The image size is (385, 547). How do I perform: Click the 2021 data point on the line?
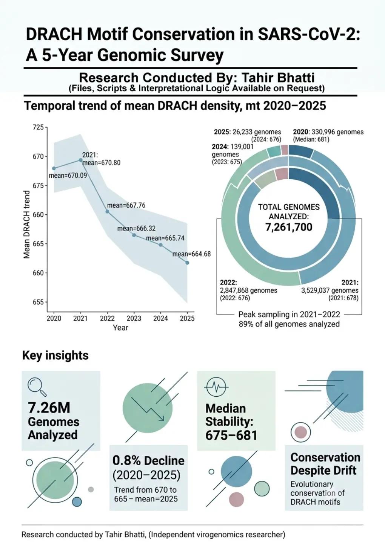tap(81, 160)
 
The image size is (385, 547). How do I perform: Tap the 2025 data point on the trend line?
tap(187, 263)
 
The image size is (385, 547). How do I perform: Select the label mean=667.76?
tap(126, 205)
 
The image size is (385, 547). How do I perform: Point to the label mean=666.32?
tap(137, 229)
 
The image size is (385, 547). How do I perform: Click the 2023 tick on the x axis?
tap(134, 318)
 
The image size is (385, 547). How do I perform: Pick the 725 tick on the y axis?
tap(38, 127)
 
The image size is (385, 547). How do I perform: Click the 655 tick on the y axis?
tap(38, 302)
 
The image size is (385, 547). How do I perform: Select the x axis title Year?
tap(120, 328)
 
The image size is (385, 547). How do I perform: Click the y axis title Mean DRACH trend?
tap(27, 225)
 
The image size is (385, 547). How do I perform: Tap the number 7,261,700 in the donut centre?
tap(289, 227)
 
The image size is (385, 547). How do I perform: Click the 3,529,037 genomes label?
tap(330, 290)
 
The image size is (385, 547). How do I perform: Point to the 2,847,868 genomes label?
tap(248, 290)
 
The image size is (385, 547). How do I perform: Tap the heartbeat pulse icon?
tap(217, 387)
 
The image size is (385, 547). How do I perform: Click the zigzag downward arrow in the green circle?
tap(148, 409)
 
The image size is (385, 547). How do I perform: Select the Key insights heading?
tap(55, 356)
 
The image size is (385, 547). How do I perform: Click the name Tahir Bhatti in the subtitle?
tap(278, 78)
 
